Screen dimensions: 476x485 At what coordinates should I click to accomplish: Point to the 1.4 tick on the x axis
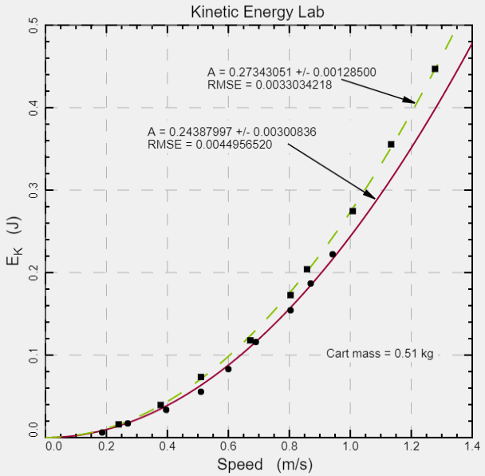pyautogui.click(x=471, y=445)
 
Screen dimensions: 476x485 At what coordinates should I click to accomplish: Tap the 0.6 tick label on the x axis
pyautogui.click(x=228, y=445)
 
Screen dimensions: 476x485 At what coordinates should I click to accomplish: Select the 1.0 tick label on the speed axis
pyautogui.click(x=350, y=445)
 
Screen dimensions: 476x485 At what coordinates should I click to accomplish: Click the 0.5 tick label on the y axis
pyautogui.click(x=34, y=26)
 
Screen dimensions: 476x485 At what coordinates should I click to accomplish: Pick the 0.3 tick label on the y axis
pyautogui.click(x=34, y=190)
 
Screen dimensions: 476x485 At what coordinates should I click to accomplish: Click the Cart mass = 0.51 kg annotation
pyautogui.click(x=380, y=354)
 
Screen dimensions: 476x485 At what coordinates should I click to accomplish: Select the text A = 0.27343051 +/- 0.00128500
pyautogui.click(x=291, y=72)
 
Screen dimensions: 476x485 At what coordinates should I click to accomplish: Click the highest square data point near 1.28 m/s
pyautogui.click(x=435, y=69)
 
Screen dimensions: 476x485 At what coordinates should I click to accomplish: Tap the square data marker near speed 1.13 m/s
pyautogui.click(x=391, y=145)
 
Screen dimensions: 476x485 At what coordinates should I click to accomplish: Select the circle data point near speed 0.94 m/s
pyautogui.click(x=333, y=255)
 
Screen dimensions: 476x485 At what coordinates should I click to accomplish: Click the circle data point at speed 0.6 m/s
pyautogui.click(x=228, y=369)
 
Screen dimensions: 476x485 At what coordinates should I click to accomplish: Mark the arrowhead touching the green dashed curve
pyautogui.click(x=412, y=101)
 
